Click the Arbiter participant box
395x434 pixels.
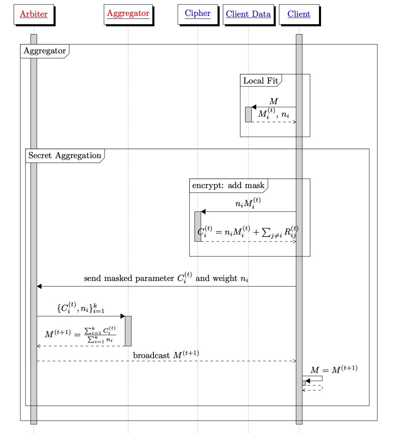(x=33, y=14)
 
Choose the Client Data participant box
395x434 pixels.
(x=248, y=14)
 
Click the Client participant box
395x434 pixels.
(x=299, y=14)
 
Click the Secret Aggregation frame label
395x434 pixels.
(x=64, y=155)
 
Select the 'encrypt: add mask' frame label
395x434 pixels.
(x=228, y=185)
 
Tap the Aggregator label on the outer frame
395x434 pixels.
(x=44, y=51)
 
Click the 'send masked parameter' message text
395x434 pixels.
(x=166, y=278)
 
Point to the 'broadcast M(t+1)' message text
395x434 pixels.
(x=166, y=355)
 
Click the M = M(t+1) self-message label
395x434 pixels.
(x=334, y=370)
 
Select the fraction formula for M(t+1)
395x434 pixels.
(x=80, y=335)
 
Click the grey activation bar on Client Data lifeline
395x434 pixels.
(x=248, y=114)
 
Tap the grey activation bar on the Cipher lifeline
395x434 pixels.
(x=197, y=226)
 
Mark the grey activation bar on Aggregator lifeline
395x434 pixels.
(x=128, y=331)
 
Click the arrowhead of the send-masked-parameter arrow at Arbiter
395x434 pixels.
(x=39, y=286)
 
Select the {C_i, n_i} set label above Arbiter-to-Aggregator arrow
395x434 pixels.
(x=80, y=309)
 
